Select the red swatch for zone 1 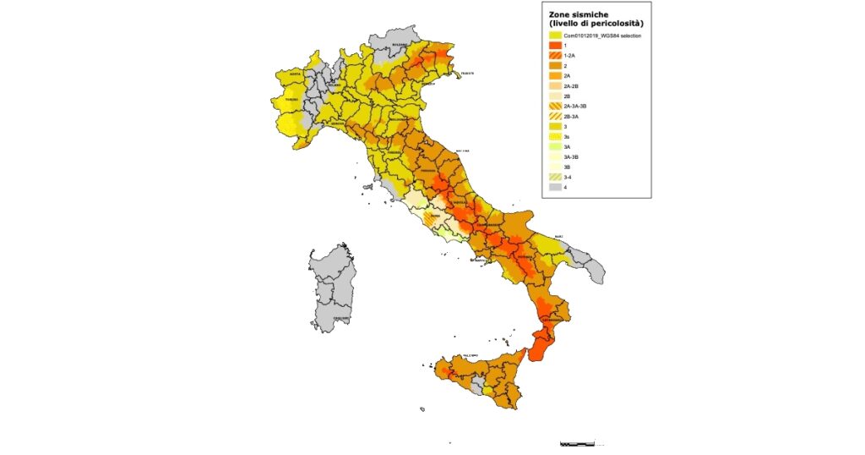[x=554, y=45]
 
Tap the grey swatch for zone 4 [x=554, y=188]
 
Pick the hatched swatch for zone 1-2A [x=554, y=55]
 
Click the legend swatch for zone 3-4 [x=554, y=178]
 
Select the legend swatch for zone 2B [x=554, y=96]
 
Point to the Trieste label [x=465, y=74]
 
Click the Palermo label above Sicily [x=470, y=355]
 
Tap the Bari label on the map [x=558, y=237]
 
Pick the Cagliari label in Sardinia [x=331, y=318]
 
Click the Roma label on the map [x=435, y=217]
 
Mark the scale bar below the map [x=578, y=442]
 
